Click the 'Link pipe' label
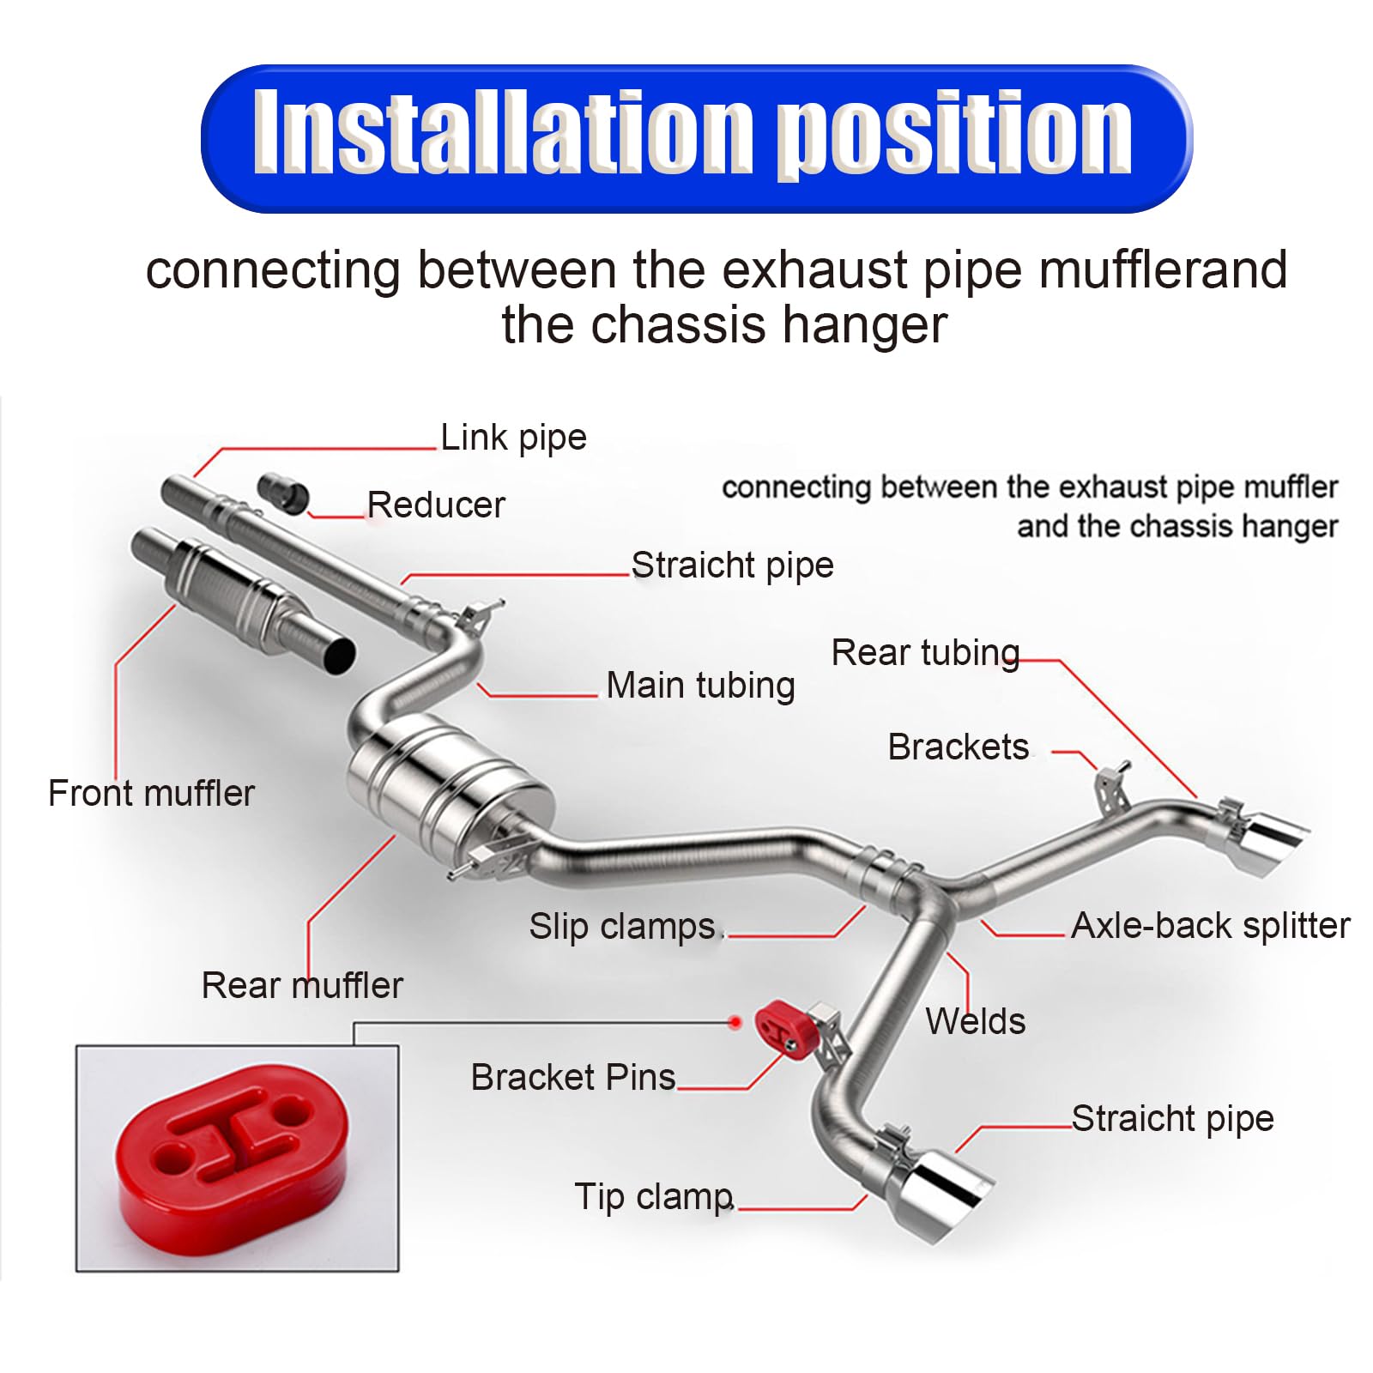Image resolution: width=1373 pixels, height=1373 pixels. click(513, 438)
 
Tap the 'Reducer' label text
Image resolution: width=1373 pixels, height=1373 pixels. click(436, 505)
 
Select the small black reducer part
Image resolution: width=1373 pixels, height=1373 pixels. click(284, 493)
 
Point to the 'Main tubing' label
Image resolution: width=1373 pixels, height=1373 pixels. click(700, 686)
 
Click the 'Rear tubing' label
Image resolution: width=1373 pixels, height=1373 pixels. click(925, 653)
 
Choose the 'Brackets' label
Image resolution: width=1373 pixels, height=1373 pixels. click(958, 747)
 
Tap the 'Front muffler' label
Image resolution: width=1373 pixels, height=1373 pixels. click(151, 794)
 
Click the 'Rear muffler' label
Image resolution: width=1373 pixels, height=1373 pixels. click(302, 985)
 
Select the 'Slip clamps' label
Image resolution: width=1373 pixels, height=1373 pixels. click(622, 927)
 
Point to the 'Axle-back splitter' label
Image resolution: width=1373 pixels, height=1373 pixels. click(1210, 926)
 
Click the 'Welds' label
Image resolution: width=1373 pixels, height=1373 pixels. click(975, 1022)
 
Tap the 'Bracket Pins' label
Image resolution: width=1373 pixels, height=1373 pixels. click(572, 1077)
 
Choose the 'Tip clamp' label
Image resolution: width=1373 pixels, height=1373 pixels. click(654, 1196)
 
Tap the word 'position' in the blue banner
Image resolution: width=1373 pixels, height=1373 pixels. click(958, 136)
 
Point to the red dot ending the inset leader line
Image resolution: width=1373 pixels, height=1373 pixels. click(735, 1022)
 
